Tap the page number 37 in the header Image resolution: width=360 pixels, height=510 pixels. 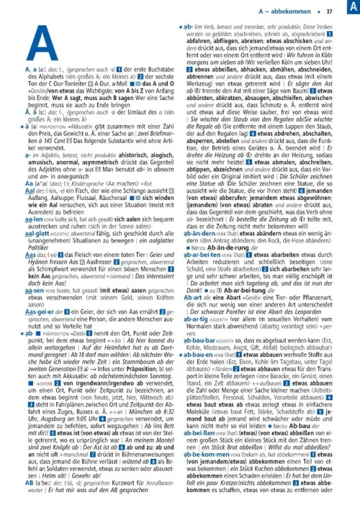pos(329,12)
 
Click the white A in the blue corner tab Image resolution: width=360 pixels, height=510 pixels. pos(351,8)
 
